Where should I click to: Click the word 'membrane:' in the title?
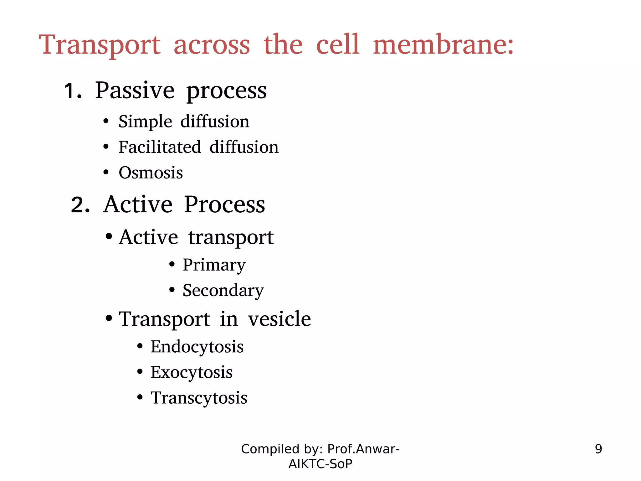pos(443,45)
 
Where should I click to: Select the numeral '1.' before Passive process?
pos(73,91)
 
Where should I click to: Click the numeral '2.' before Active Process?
pos(80,205)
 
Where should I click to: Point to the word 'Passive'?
pos(135,91)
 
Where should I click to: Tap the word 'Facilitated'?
pos(160,147)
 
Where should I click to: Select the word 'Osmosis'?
pos(151,173)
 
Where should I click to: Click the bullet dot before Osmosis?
pos(106,172)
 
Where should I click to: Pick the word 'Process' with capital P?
pos(224,205)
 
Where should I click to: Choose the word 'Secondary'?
pos(223,291)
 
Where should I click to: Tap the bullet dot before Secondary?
pos(172,290)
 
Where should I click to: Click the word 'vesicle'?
pos(279,319)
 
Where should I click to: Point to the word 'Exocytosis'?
pos(192,373)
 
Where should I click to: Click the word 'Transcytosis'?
pos(199,398)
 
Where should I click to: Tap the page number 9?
pos(598,449)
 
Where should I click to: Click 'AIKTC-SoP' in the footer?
pos(320,464)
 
